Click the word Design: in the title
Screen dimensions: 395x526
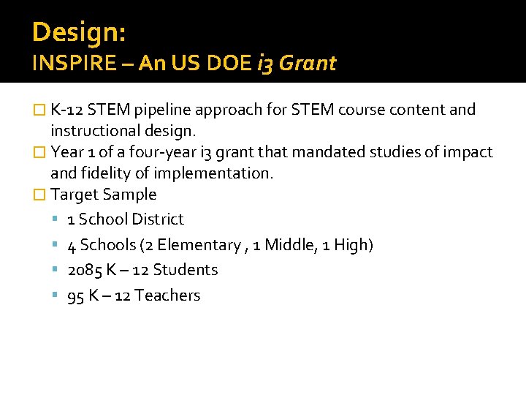(79, 32)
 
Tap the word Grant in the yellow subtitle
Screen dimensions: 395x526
(308, 64)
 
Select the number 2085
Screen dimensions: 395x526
(84, 270)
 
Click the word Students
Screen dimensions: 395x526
(190, 270)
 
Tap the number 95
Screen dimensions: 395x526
(75, 296)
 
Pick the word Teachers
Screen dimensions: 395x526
(168, 296)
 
